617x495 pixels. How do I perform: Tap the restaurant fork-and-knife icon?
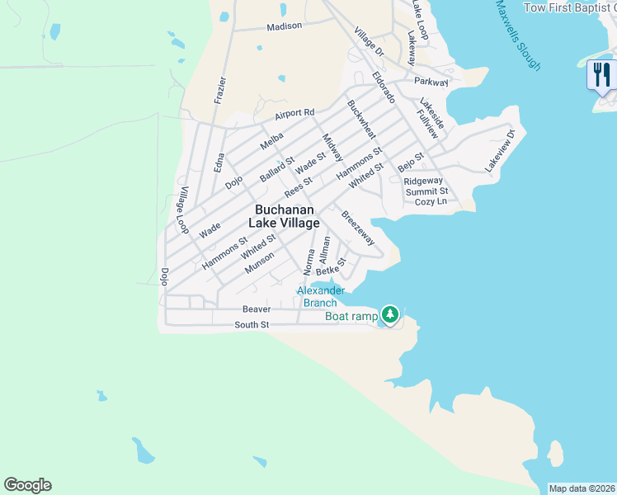point(601,75)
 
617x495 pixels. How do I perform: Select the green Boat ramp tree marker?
point(390,315)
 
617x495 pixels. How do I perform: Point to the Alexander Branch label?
point(320,296)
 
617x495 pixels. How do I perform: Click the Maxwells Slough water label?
point(518,35)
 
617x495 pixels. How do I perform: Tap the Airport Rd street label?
point(295,113)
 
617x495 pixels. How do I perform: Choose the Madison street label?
point(284,26)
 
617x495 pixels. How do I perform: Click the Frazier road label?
point(219,89)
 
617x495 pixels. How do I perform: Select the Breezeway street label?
point(359,228)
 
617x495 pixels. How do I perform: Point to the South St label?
point(252,325)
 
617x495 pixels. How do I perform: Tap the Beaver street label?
point(257,309)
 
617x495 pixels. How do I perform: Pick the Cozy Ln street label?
point(431,201)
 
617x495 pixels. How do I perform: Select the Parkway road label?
point(431,82)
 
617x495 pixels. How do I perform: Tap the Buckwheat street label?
point(361,120)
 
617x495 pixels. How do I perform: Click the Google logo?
point(27,485)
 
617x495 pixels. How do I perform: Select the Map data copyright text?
point(582,488)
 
